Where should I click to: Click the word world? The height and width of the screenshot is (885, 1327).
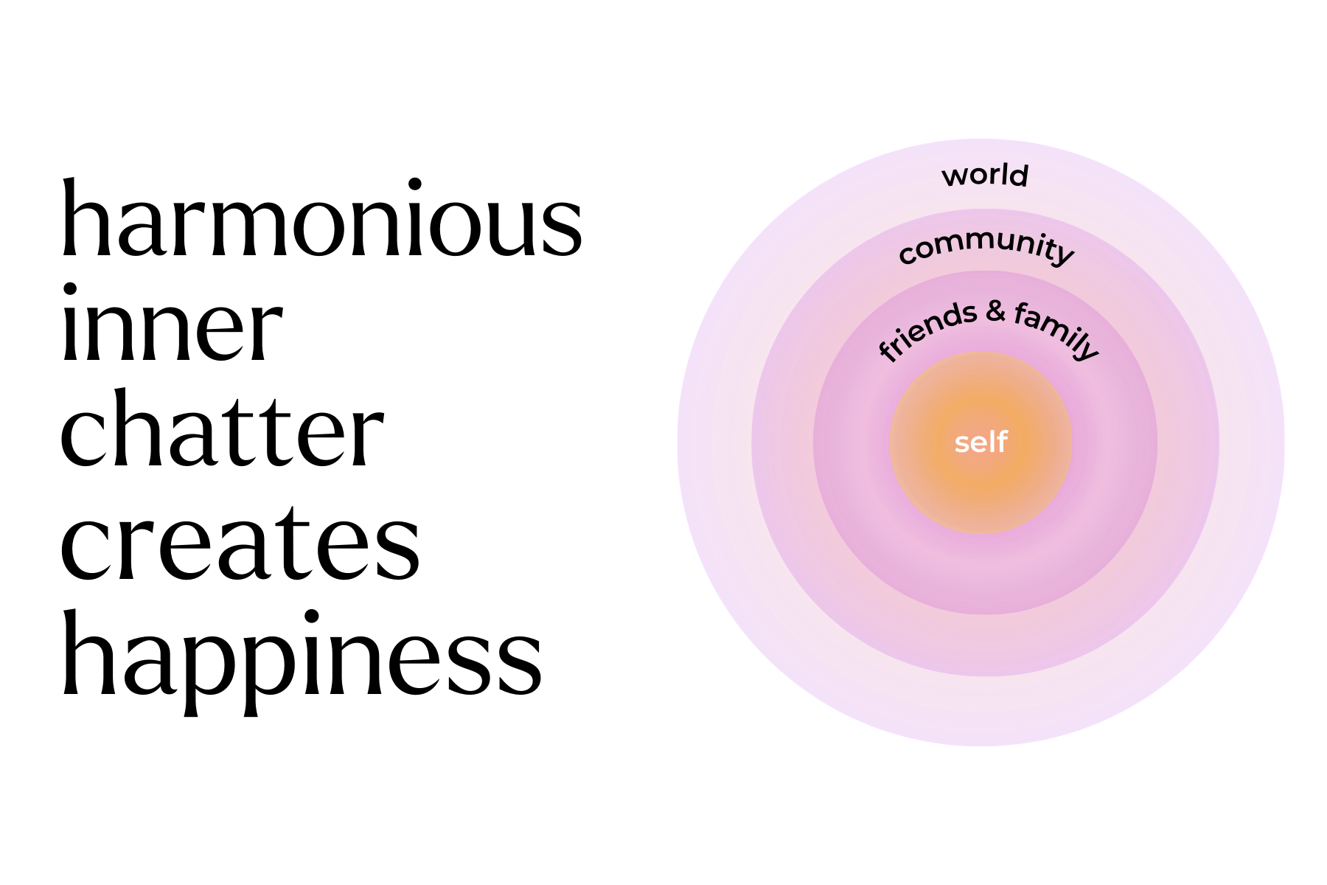pos(985,176)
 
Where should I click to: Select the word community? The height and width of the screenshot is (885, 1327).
pos(986,246)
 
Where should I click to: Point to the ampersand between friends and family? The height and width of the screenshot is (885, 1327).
pos(995,311)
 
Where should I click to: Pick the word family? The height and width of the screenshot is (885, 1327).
pos(1056,330)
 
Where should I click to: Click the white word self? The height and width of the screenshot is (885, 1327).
pos(981,442)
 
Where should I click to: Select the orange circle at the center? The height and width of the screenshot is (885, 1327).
pos(981,487)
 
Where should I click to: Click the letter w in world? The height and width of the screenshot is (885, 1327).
pos(955,176)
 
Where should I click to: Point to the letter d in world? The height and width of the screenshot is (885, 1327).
pos(1020,175)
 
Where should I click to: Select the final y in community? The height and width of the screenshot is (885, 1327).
pos(1063,255)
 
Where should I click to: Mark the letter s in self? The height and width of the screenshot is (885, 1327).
pos(961,443)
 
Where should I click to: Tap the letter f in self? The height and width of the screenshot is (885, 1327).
pos(1002,441)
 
